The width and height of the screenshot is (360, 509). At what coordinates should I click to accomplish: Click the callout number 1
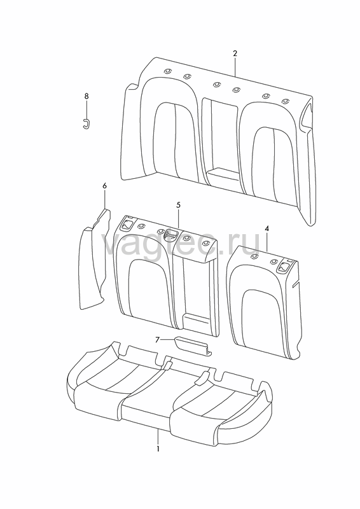[158, 449]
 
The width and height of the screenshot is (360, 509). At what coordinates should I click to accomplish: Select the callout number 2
[235, 53]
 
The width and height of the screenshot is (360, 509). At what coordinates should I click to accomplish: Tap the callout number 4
[267, 228]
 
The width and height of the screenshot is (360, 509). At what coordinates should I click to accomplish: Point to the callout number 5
[179, 205]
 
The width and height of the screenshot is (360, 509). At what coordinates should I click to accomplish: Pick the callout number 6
[104, 186]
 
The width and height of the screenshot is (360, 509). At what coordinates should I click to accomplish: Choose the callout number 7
[158, 340]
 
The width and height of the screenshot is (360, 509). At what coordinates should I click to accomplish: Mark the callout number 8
[87, 96]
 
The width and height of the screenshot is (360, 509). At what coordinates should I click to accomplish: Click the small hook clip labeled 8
[86, 123]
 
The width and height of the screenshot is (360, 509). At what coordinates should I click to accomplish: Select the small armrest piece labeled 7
[194, 345]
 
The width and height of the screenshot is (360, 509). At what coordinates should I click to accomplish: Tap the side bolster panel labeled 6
[93, 260]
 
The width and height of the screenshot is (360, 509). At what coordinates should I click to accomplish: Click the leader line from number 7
[168, 340]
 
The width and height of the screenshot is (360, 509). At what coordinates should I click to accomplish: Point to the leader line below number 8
[87, 109]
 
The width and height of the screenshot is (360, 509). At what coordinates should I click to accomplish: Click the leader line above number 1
[158, 436]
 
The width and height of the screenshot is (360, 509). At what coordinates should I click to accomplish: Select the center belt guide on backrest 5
[171, 234]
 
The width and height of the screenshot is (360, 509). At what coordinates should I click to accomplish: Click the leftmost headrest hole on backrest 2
[167, 72]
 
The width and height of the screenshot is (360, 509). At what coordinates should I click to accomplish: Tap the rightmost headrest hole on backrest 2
[286, 101]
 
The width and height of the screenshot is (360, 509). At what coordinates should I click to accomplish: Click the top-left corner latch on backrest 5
[127, 224]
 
